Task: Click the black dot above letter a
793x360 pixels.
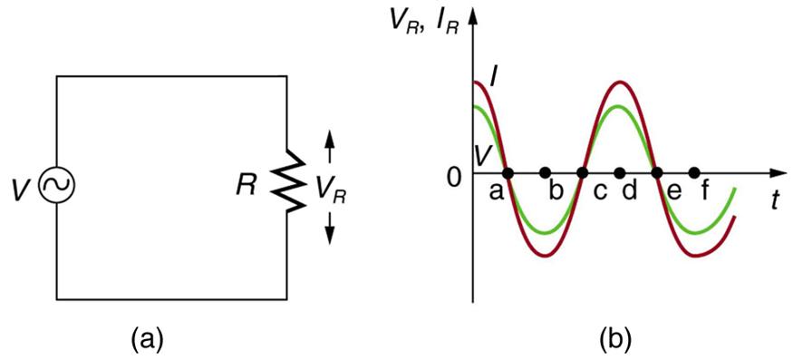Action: coord(508,172)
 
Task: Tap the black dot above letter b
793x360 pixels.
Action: coord(545,172)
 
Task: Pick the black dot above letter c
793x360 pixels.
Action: coord(583,172)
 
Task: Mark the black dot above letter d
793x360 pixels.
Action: coord(620,172)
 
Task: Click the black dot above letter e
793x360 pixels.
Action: coord(658,172)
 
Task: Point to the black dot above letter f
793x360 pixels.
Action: coord(695,172)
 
